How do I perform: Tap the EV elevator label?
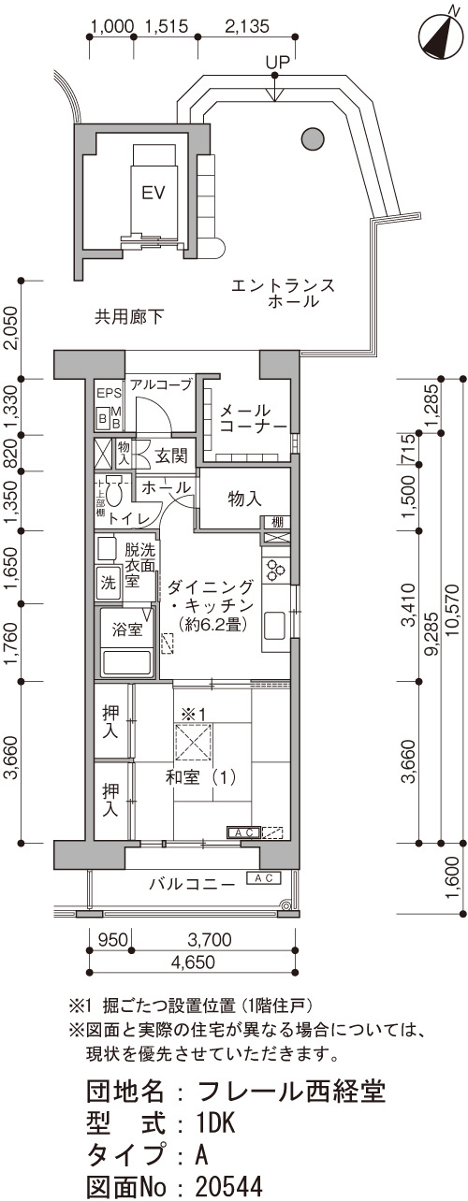153,193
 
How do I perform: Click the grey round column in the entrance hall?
313,140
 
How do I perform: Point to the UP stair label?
277,63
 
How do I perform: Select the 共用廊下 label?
129,317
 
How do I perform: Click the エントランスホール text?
283,293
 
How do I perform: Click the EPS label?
109,393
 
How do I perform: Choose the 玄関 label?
171,456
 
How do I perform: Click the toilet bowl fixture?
114,491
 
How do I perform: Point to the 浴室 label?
127,629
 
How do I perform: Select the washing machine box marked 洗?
109,583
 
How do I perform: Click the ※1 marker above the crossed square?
194,714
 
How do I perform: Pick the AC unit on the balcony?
264,877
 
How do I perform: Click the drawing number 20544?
229,1187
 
